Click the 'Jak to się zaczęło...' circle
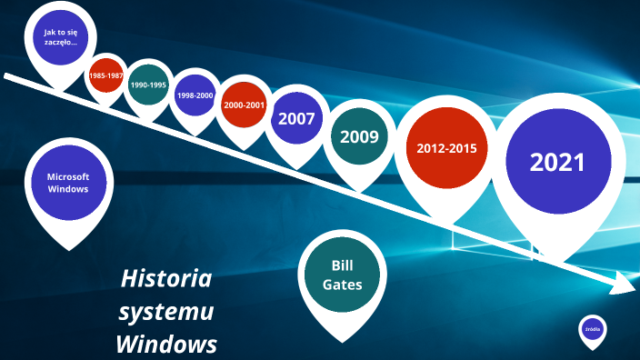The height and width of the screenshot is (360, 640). point(61,38)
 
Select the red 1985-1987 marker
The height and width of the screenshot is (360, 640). point(106,75)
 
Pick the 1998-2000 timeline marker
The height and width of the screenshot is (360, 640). point(195,95)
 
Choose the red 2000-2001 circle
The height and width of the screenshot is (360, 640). point(244,105)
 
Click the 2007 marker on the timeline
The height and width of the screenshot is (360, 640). point(296,118)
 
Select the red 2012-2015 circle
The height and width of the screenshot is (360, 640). point(446,148)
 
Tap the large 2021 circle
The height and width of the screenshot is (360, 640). point(557,163)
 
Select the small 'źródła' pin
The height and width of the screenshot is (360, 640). point(592,330)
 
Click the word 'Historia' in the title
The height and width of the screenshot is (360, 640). point(166,278)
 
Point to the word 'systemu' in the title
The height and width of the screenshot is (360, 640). point(166,312)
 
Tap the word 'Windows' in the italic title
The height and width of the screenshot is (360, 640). point(166,345)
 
